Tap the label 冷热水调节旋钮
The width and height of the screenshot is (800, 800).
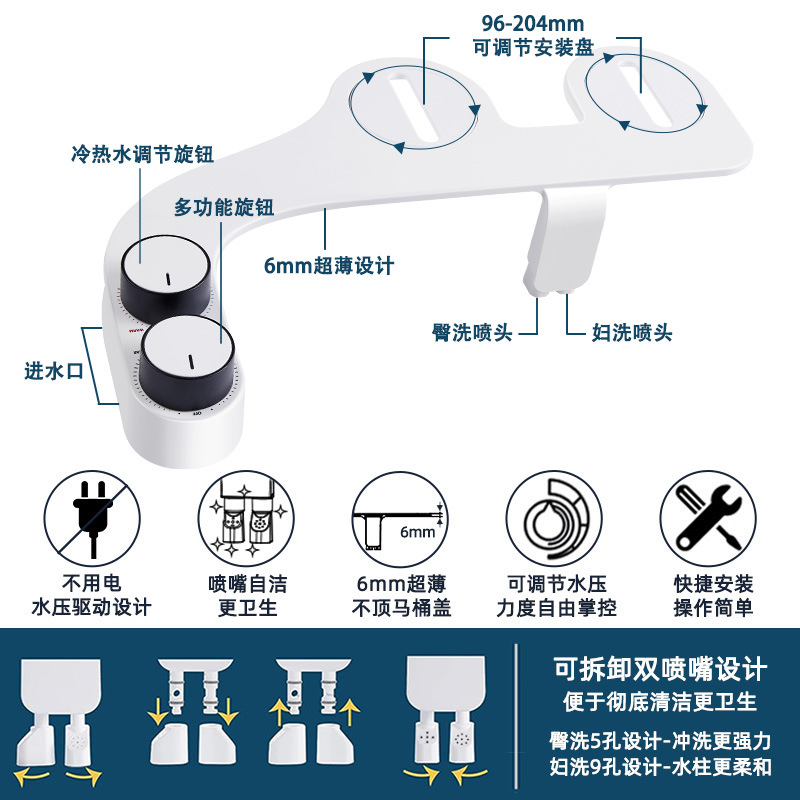pyautogui.click(x=141, y=155)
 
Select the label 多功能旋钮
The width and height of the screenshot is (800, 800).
pyautogui.click(x=223, y=207)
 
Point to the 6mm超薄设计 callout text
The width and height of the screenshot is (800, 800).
pyautogui.click(x=329, y=266)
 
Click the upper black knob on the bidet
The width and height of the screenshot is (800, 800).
pyautogui.click(x=166, y=268)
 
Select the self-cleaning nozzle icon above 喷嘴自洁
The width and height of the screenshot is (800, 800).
pyautogui.click(x=246, y=517)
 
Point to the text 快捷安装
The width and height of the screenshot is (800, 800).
pyautogui.click(x=712, y=583)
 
